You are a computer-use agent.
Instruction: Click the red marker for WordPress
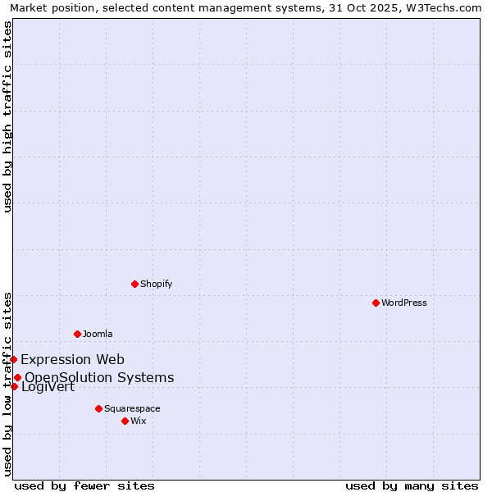pos(376,303)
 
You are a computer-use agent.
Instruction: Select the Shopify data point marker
pos(134,284)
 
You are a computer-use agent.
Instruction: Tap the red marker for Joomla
pos(77,334)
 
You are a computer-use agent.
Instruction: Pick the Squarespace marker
pos(98,408)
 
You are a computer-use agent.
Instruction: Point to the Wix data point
pos(125,421)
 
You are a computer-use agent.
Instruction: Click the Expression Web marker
pos(13,359)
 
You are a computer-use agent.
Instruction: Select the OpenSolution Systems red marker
pos(17,377)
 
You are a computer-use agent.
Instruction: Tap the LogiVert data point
pos(14,386)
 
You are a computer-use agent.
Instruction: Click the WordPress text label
pos(404,303)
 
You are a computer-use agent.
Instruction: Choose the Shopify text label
pos(157,284)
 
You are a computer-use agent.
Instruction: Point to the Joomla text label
pos(98,334)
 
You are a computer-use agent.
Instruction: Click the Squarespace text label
pos(132,408)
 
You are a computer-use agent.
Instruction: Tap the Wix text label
pos(139,421)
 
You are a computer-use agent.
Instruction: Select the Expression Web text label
pos(73,359)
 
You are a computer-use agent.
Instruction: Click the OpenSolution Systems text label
pos(99,377)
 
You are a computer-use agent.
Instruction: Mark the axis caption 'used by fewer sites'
pos(84,485)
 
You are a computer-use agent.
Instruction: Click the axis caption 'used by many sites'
pos(412,485)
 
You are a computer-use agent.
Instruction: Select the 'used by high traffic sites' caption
pos(8,116)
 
